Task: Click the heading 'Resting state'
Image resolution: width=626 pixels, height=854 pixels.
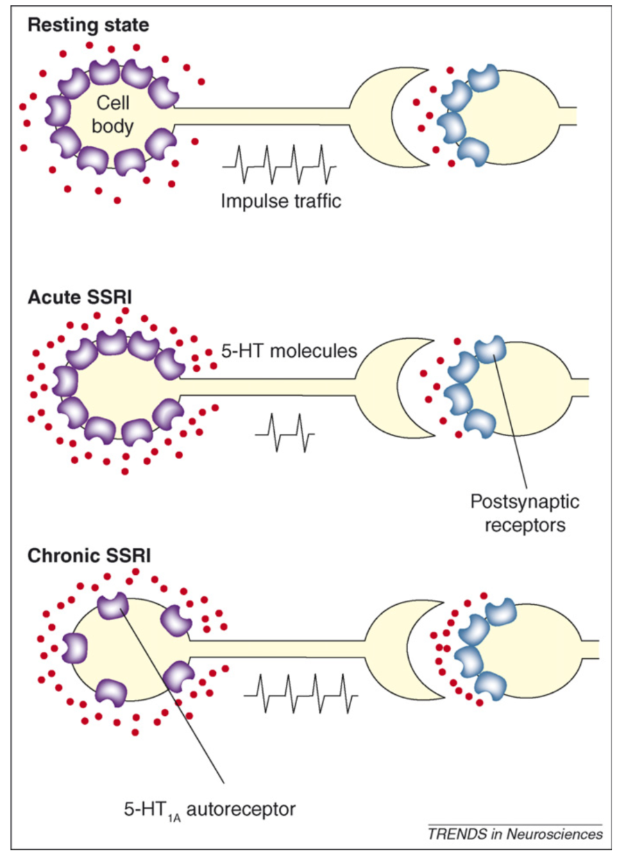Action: click(88, 26)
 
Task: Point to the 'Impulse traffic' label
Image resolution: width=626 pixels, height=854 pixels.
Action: click(281, 201)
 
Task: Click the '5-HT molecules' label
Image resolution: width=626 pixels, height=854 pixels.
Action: click(289, 351)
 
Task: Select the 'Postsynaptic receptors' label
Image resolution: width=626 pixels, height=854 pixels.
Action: click(524, 512)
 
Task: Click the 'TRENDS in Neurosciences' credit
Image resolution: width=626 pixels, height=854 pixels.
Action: click(515, 833)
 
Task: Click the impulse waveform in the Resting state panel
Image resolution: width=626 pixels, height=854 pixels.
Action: click(279, 161)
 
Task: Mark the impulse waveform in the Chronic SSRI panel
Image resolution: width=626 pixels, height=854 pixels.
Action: click(301, 690)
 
